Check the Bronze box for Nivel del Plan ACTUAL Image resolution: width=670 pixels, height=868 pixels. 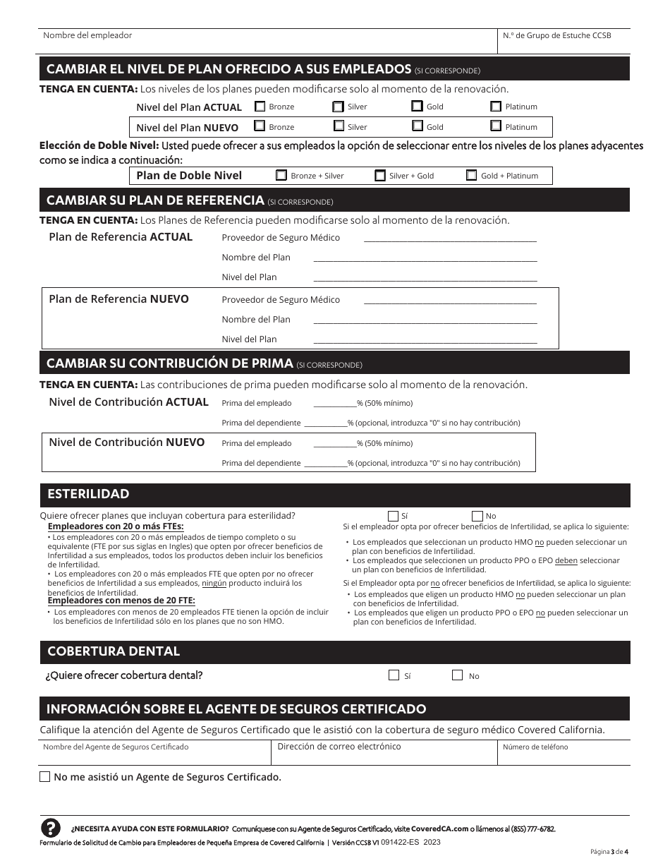pos(260,107)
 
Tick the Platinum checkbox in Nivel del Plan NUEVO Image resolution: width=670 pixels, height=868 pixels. pos(496,126)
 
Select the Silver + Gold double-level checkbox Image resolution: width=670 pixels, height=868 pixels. pos(380,176)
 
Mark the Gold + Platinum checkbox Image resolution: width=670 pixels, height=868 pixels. pos(472,176)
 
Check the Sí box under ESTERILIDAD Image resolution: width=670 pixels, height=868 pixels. pos(393,516)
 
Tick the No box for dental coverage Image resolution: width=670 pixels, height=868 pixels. pos(458,675)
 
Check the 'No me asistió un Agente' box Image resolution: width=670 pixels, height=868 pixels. pos(45,777)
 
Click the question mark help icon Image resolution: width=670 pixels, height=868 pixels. pos(51,828)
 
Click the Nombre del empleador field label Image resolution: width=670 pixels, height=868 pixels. pos(87,35)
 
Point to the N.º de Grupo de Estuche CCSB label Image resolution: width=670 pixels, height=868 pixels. pos(556,35)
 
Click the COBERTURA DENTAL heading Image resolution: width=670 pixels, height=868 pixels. pos(114,651)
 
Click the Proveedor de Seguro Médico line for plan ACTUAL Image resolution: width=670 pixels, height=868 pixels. pos(449,238)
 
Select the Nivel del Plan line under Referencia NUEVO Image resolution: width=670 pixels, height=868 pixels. pos(425,339)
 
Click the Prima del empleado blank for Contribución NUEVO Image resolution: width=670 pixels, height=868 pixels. pos(334,443)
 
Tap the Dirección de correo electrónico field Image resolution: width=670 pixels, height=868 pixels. pos(384,754)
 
